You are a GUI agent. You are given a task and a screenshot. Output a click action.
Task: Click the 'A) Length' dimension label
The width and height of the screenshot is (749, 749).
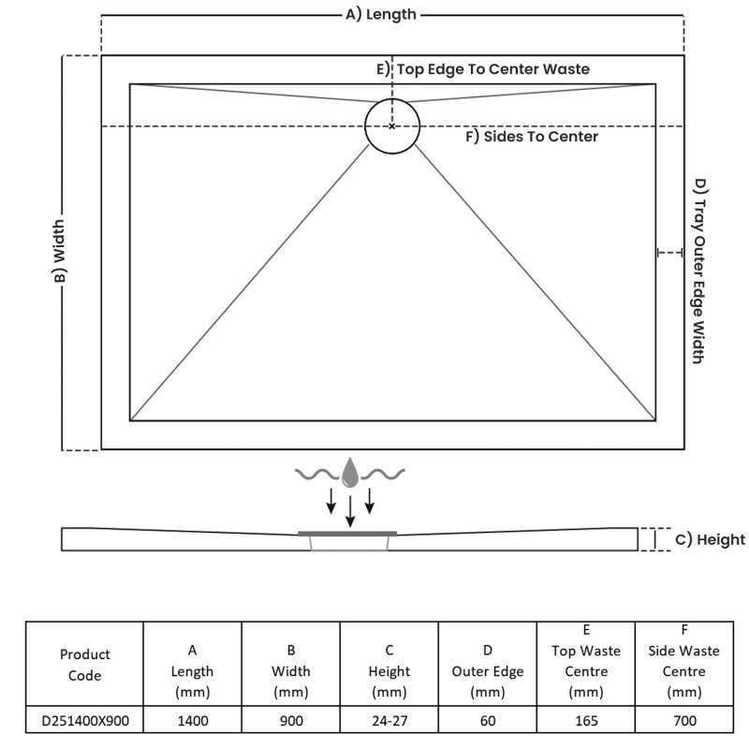click(381, 14)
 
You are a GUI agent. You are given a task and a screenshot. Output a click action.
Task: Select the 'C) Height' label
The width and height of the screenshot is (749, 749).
click(710, 539)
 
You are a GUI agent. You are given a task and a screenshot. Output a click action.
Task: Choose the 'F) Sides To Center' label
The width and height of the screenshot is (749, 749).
click(532, 137)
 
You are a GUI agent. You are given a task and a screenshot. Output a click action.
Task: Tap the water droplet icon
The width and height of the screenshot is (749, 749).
click(349, 474)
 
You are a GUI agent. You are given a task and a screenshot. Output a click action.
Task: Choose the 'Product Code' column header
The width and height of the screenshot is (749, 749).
click(84, 664)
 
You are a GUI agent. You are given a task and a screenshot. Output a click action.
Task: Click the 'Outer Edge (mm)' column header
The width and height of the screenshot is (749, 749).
click(487, 671)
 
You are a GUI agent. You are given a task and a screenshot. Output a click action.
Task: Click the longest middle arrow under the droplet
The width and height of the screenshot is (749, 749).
click(350, 511)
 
